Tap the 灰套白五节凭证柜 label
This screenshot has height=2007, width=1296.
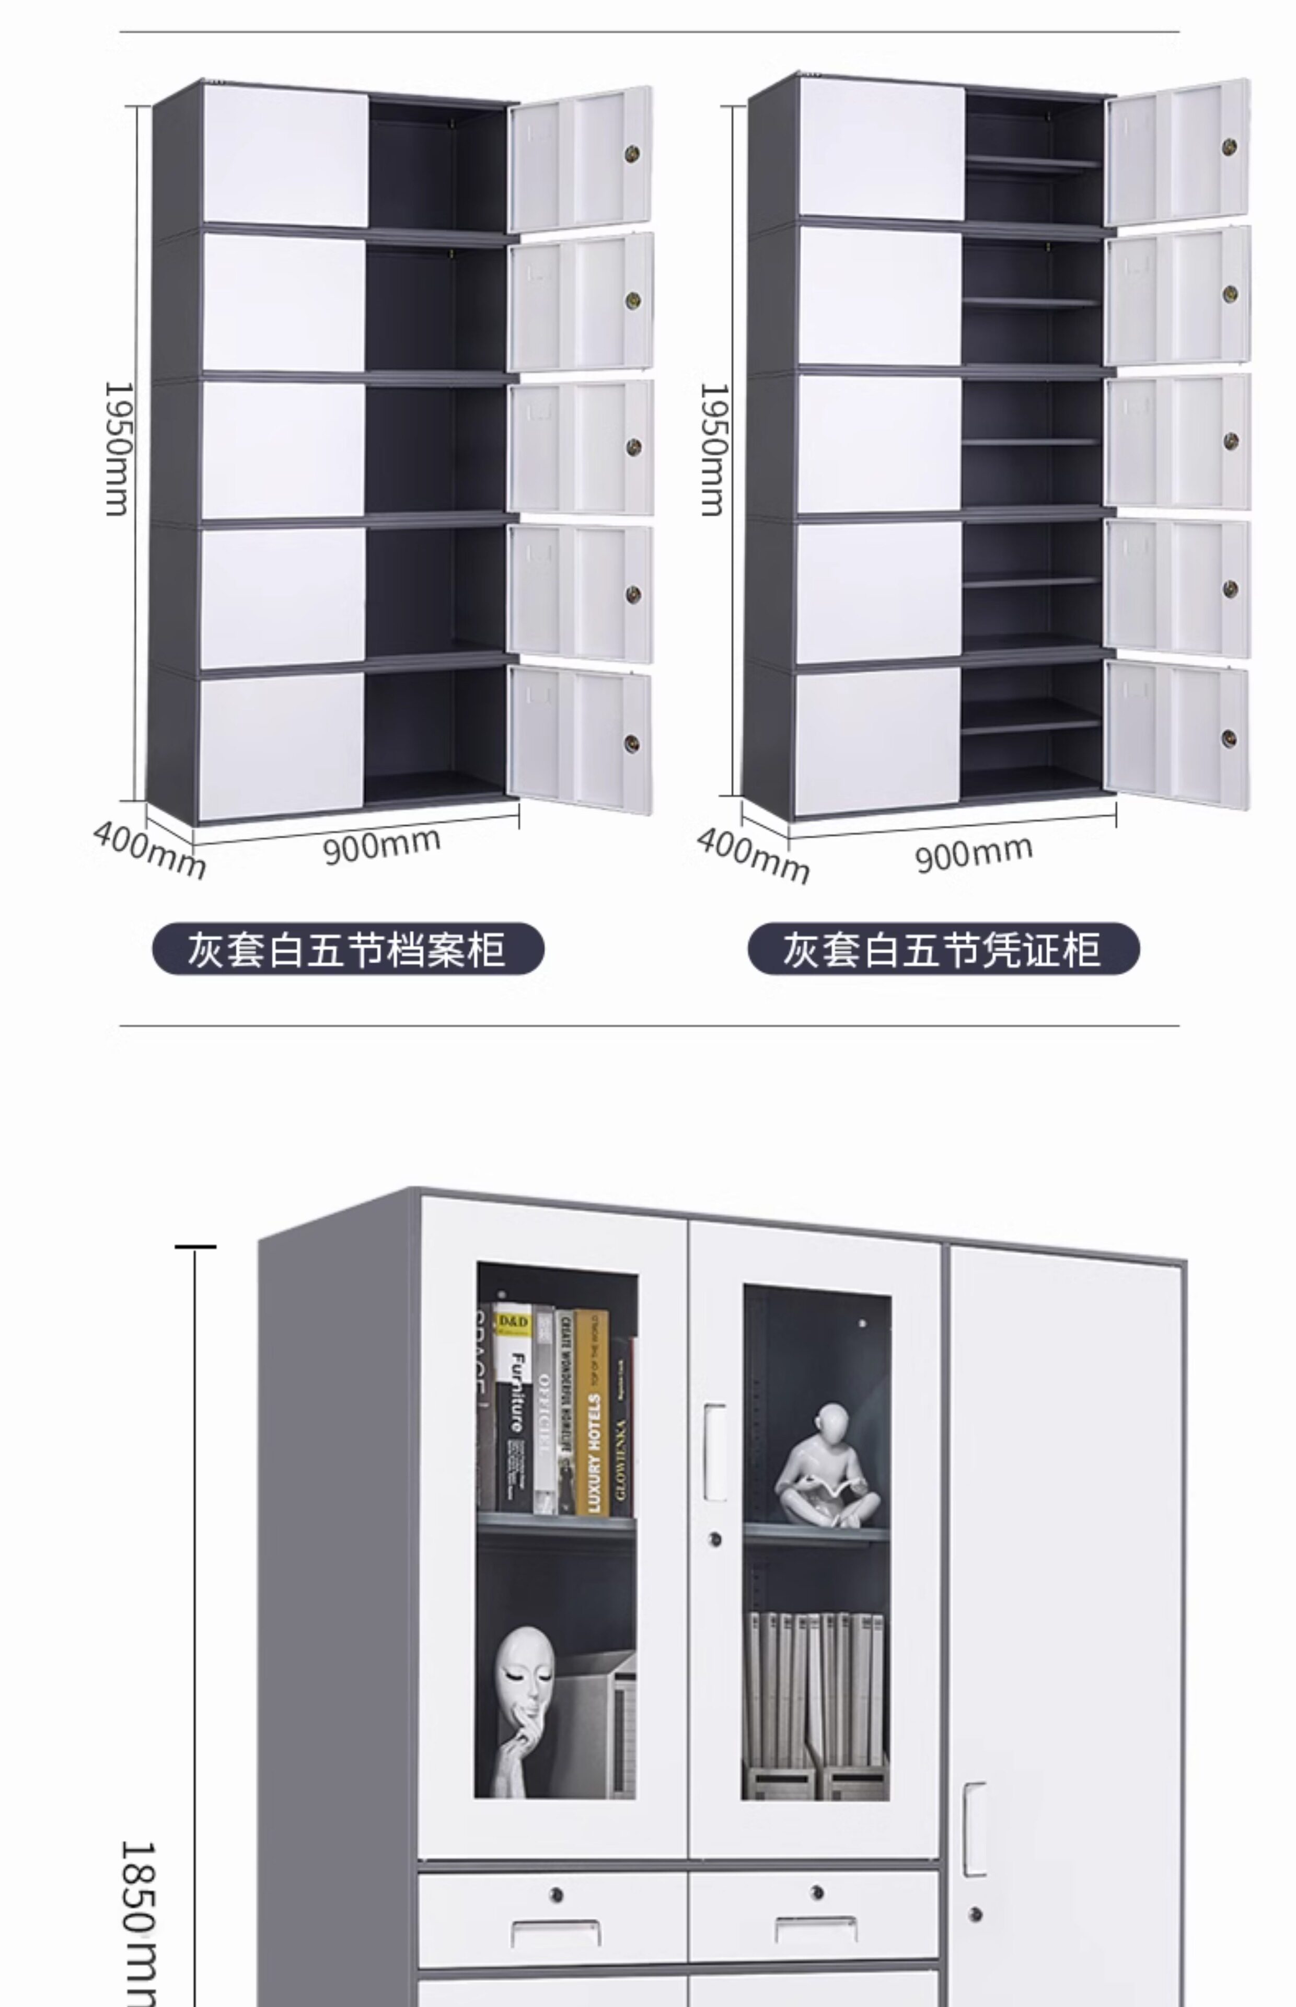point(943,949)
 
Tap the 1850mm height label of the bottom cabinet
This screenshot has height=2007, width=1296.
point(136,1927)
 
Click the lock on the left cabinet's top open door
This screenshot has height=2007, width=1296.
point(632,154)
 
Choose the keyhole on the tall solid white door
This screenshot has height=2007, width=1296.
point(975,1914)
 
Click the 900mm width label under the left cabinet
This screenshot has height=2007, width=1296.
point(382,845)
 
